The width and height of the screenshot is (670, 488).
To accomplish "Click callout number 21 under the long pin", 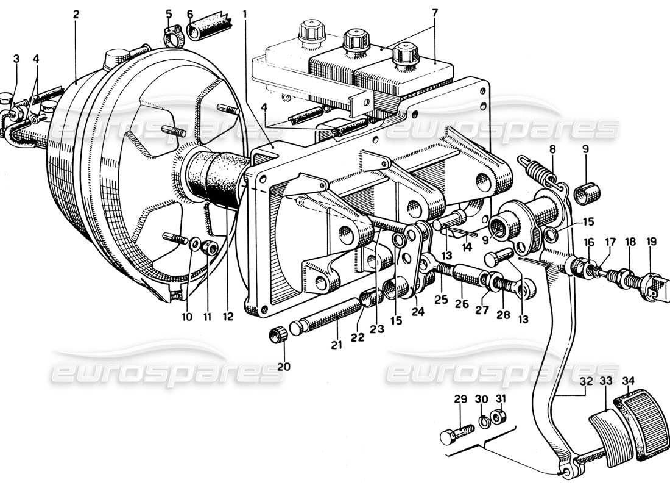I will click(x=337, y=345).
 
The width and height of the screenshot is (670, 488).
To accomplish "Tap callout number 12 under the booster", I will click(x=227, y=317).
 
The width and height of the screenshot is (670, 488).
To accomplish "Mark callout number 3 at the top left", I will click(x=16, y=59).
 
